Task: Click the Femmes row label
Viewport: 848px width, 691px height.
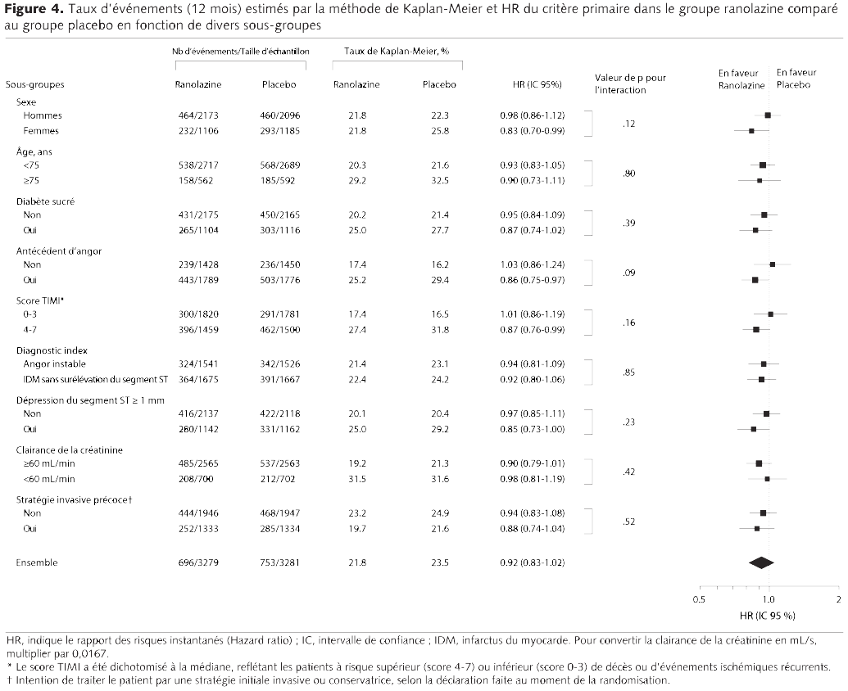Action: click(40, 131)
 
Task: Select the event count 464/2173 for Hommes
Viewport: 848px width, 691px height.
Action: click(197, 116)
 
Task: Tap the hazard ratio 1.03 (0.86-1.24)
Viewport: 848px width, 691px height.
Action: click(532, 265)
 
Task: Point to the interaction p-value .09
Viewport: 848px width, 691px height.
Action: click(629, 273)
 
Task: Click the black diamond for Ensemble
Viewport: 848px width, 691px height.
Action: click(761, 562)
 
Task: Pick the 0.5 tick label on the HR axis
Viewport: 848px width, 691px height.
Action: click(698, 599)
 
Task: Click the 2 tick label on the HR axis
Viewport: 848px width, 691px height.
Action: click(837, 599)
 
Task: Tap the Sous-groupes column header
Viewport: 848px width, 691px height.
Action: click(34, 84)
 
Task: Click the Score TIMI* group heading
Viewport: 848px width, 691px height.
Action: click(39, 300)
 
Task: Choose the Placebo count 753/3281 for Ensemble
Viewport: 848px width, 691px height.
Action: click(278, 563)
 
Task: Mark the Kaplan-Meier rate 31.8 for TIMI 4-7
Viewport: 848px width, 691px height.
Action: click(439, 329)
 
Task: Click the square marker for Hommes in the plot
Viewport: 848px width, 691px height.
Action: click(768, 116)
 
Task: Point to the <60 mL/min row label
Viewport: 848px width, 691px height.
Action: click(51, 479)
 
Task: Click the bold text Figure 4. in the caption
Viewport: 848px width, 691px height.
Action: click(32, 11)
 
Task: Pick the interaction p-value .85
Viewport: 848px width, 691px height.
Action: click(629, 372)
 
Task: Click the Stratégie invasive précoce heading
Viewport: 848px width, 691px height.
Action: click(75, 499)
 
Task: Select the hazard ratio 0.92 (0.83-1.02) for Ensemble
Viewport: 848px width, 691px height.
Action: click(532, 563)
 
